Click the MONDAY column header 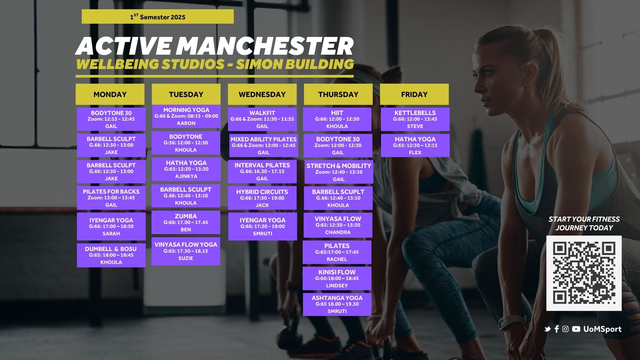click(x=110, y=94)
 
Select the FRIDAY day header click(x=414, y=94)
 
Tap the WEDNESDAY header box click(x=262, y=94)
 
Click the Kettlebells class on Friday click(x=415, y=119)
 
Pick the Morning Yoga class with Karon click(x=186, y=116)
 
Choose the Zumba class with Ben click(x=186, y=222)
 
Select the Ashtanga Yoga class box click(x=337, y=304)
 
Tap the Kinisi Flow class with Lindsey click(x=337, y=278)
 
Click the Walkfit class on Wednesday click(x=262, y=119)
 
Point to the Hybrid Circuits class click(x=262, y=198)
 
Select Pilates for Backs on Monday click(x=111, y=198)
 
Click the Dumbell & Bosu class click(x=111, y=255)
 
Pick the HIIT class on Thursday click(x=337, y=119)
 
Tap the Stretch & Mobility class click(x=339, y=172)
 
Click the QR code click(x=584, y=273)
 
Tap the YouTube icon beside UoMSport click(x=576, y=329)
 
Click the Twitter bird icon click(x=547, y=329)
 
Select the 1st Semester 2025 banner click(x=158, y=17)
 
